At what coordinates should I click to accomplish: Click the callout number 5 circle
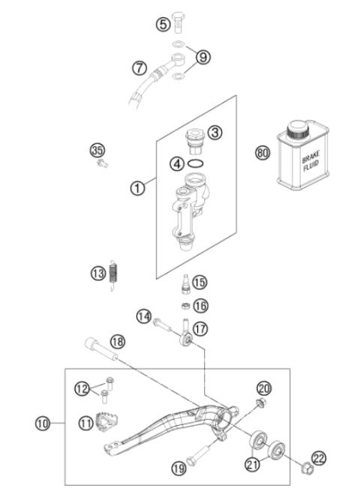tap(163, 25)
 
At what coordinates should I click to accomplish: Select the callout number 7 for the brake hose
tap(139, 67)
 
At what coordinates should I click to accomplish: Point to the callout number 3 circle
tap(214, 133)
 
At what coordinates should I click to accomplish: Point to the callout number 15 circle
tap(199, 283)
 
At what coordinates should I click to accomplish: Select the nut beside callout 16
tap(183, 306)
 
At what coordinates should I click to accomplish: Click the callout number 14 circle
tap(145, 317)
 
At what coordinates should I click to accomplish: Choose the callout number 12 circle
tap(83, 388)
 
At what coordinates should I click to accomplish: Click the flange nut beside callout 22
tap(304, 471)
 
